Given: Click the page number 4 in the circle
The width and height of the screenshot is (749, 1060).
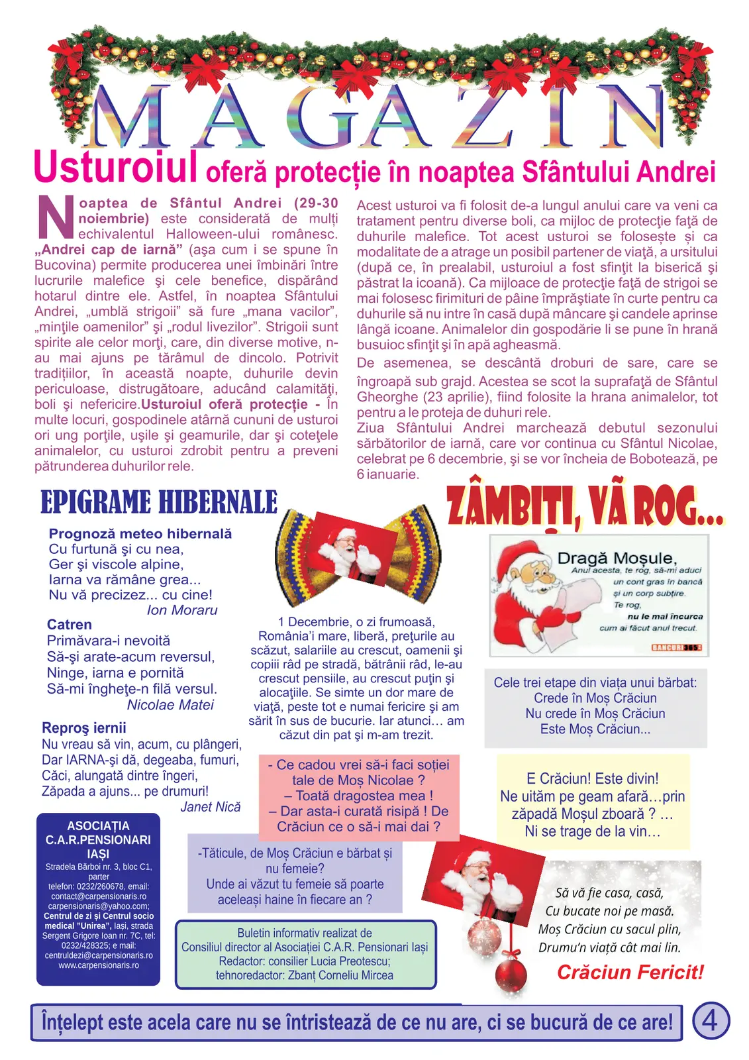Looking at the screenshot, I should pos(710,1020).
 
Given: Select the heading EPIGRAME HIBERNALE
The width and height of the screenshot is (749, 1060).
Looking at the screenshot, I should pos(159,502).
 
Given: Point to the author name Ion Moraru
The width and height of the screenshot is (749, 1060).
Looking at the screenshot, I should pos(182,610).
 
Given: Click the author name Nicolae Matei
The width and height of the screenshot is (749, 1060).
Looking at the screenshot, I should pos(170,705).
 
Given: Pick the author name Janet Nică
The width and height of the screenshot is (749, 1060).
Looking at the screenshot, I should pos(211,807).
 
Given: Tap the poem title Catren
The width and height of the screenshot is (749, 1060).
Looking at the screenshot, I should pos(70,625).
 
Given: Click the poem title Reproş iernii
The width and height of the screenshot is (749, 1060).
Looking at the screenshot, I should pos(84,728).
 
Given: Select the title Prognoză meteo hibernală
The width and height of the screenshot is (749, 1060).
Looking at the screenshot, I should pos(140,534).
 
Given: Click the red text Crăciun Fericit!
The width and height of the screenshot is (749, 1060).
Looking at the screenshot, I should pos(630,973).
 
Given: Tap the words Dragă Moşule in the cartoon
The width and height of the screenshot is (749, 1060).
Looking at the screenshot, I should pos(616,558).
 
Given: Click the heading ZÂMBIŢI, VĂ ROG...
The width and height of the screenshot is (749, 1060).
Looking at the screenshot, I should pos(585,507).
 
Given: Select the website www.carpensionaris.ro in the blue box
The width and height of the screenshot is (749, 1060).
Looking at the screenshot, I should pos(99,965).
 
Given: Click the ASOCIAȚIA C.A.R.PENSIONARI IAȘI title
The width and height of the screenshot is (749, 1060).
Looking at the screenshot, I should pos(98,839).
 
